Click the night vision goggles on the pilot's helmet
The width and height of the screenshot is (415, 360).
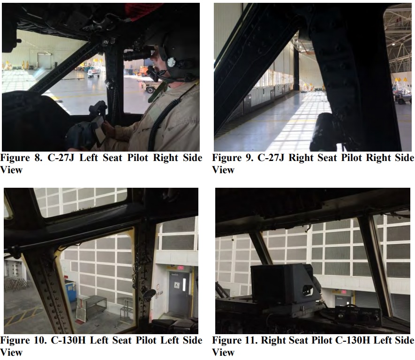point(139,54)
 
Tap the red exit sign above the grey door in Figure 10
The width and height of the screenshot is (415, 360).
point(181,268)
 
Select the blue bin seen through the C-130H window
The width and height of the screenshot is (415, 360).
point(71,291)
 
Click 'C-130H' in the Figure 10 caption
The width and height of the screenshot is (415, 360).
point(68,340)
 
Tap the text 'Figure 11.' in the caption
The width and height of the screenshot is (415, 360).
point(235,340)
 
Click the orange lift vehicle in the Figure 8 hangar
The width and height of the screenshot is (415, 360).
point(143,71)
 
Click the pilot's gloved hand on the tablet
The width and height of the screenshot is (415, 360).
point(108,129)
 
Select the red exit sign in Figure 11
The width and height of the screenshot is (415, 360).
point(343,292)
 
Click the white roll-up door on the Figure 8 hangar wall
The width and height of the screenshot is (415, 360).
point(44,61)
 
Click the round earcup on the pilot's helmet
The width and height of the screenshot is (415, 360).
point(171,62)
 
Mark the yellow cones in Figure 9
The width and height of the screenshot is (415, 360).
point(401,80)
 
